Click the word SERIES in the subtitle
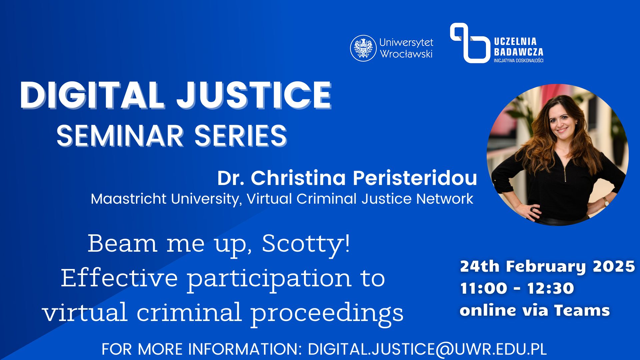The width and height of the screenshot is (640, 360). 241,136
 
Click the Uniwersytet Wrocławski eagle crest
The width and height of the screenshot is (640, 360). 363,48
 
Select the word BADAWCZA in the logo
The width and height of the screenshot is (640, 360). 518,52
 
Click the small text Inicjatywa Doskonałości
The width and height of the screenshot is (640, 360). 518,60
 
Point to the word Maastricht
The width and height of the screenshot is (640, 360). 129,199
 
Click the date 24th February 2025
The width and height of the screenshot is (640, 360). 547,266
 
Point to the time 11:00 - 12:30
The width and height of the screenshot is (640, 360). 517,288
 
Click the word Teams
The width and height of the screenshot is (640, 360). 582,310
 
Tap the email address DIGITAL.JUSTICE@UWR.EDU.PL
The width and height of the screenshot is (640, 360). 427,349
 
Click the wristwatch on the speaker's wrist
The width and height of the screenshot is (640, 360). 606,201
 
